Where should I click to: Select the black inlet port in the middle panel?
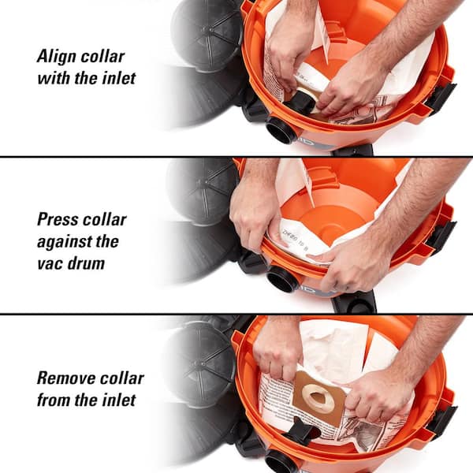[282, 278]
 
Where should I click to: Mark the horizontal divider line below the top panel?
[236, 157]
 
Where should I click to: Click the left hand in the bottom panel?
[277, 347]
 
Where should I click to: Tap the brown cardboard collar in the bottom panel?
[319, 402]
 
